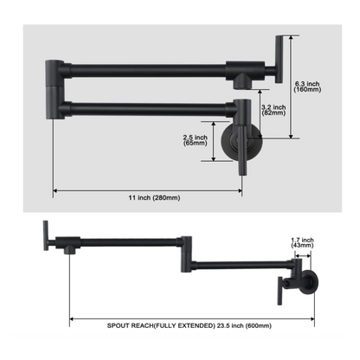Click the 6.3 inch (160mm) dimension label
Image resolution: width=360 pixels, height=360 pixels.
(307, 87)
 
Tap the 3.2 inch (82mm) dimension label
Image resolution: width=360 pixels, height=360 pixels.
(273, 110)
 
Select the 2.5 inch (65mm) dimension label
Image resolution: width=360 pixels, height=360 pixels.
(196, 140)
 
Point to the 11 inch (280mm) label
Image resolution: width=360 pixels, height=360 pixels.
(154, 198)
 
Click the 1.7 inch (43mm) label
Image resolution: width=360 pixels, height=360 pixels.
(302, 242)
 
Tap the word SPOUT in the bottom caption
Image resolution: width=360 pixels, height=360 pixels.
(119, 325)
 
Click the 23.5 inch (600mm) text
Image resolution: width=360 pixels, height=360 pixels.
(244, 325)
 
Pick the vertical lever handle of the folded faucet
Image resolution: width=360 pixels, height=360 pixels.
(279, 60)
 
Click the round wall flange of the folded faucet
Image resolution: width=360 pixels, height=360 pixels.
(241, 142)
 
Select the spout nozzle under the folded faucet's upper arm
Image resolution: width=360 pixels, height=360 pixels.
(242, 84)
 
